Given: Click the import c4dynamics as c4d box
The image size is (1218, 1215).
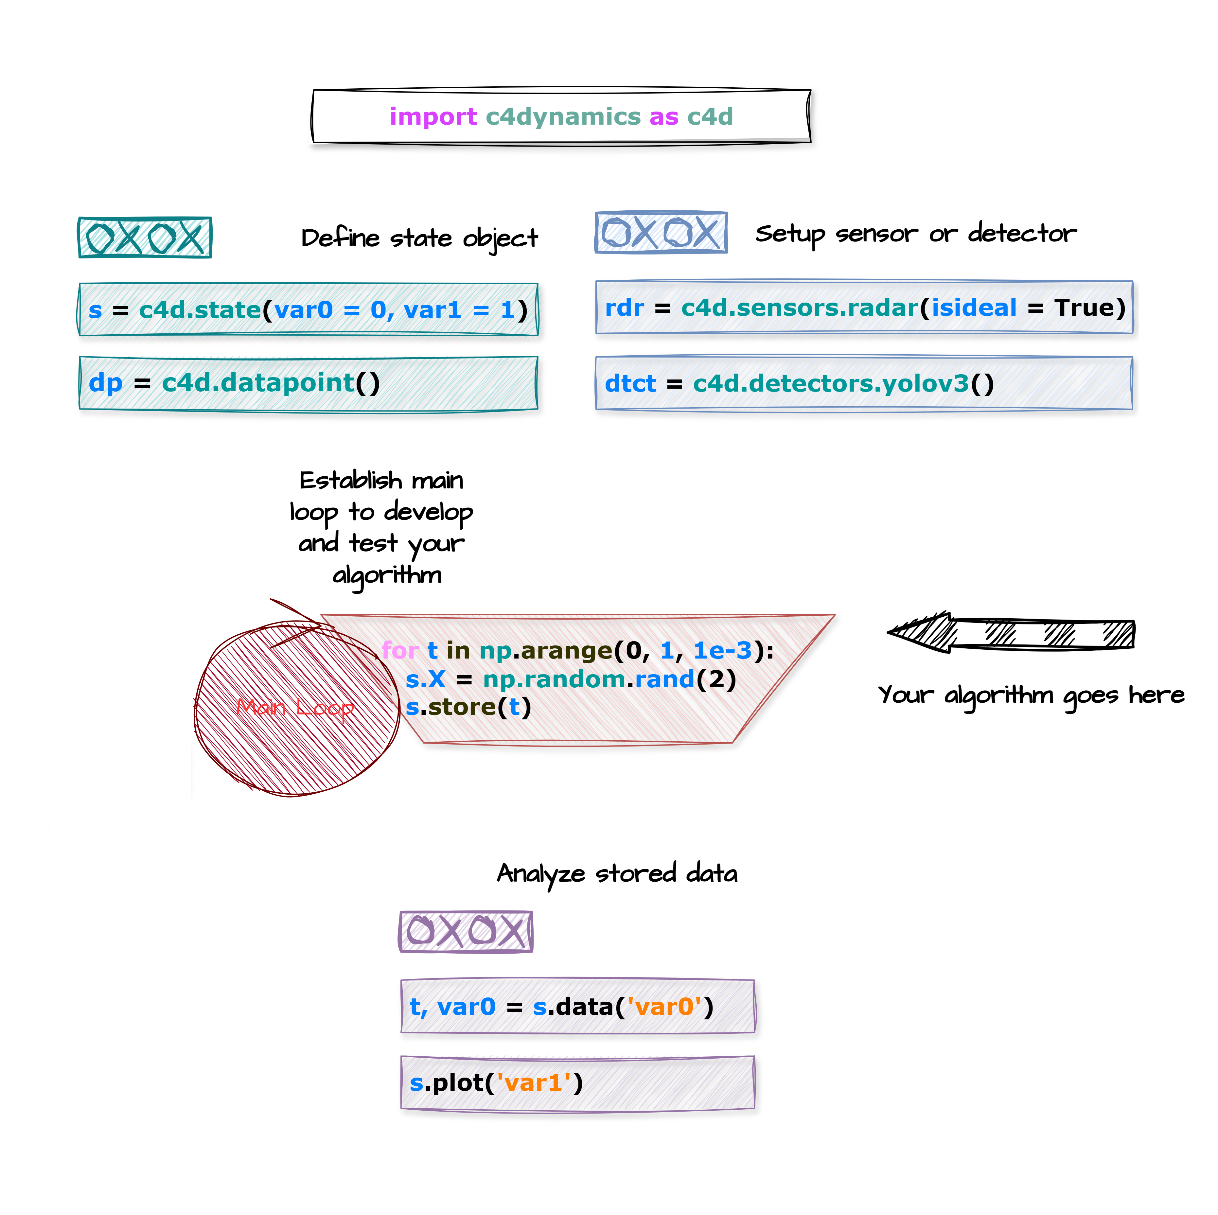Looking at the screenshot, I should [x=561, y=117].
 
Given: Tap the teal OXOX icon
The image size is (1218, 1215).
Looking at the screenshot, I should [x=145, y=238].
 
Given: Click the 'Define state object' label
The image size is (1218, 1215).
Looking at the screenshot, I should [x=419, y=238].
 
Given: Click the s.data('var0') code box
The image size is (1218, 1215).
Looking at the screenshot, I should [x=577, y=1006].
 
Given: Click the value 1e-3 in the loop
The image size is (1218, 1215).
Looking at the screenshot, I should [x=722, y=650].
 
